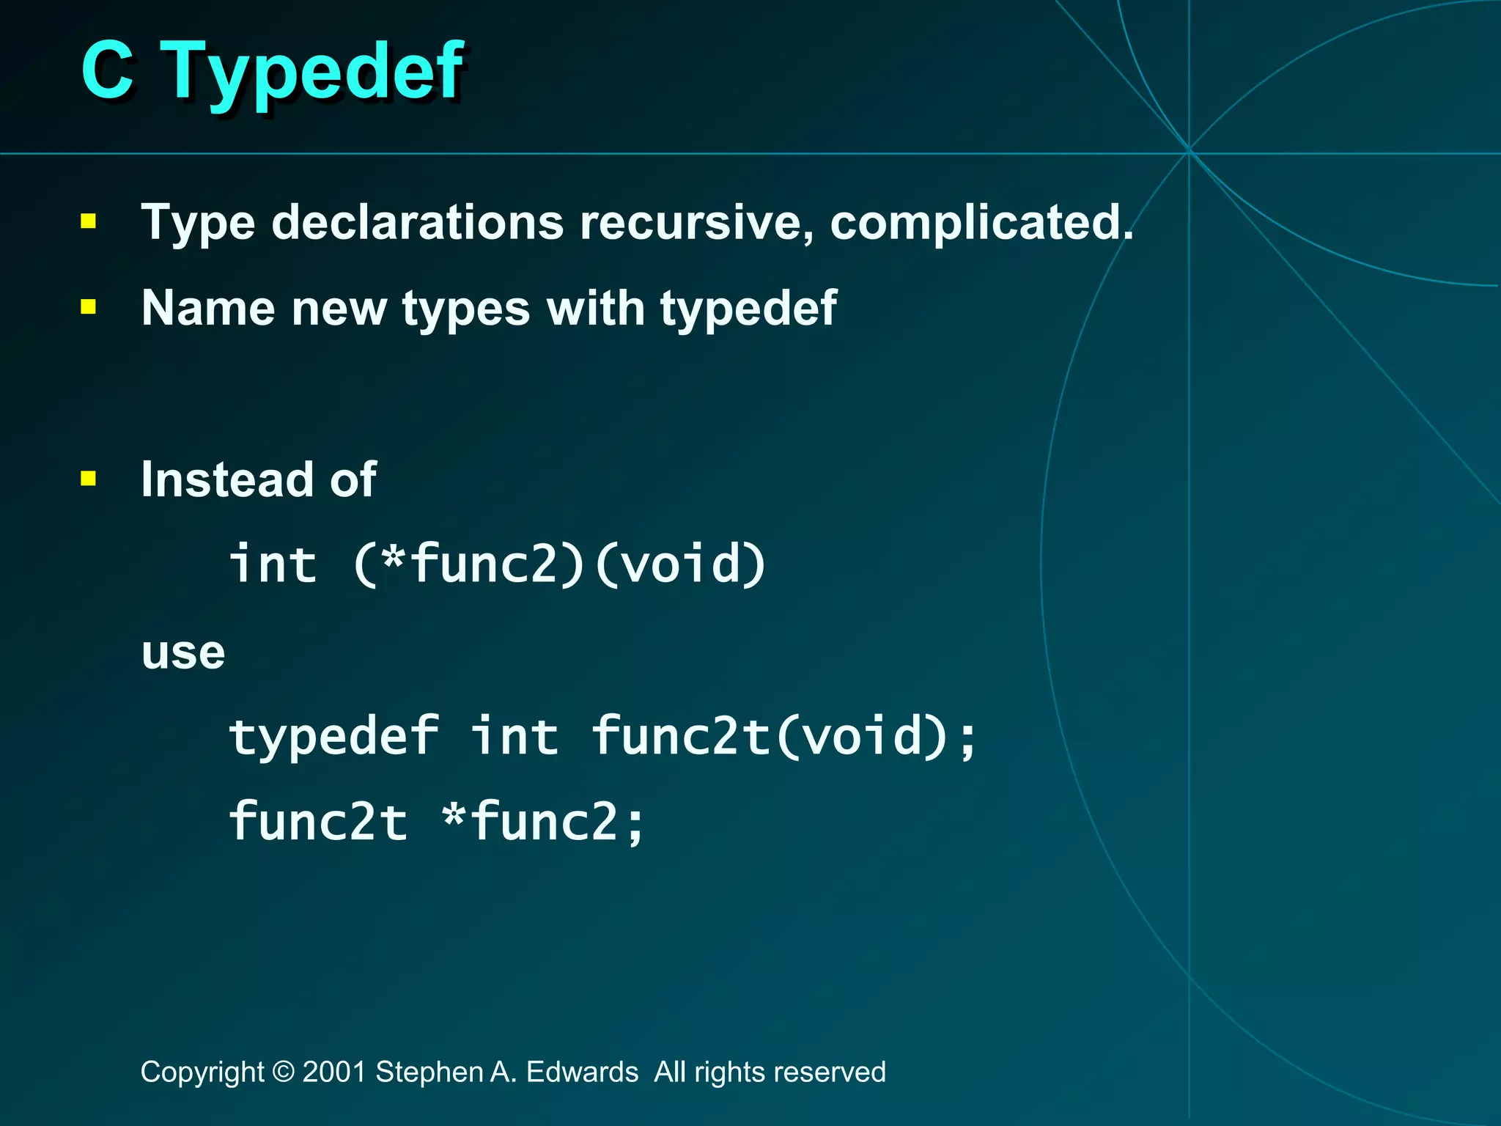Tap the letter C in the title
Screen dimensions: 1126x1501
tap(108, 70)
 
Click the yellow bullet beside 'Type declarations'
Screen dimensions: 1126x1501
tap(89, 221)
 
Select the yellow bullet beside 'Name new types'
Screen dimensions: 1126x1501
tap(89, 307)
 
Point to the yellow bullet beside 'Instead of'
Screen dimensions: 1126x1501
tap(89, 479)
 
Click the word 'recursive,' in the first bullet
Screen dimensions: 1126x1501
tap(696, 222)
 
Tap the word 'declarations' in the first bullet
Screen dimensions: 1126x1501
tap(418, 222)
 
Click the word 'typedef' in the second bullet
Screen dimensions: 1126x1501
tap(748, 308)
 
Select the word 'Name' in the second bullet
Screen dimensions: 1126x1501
tap(209, 308)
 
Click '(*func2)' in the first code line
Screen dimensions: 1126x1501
tap(469, 564)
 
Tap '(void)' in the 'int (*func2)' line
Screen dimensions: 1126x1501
tap(680, 564)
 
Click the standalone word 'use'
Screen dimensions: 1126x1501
tap(183, 652)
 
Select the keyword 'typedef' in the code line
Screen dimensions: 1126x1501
tap(334, 736)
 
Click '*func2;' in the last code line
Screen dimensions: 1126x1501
tap(544, 822)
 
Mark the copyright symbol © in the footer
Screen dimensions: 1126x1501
tap(283, 1072)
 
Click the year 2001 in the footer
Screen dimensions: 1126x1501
tap(334, 1072)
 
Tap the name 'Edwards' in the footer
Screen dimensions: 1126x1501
tap(582, 1072)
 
